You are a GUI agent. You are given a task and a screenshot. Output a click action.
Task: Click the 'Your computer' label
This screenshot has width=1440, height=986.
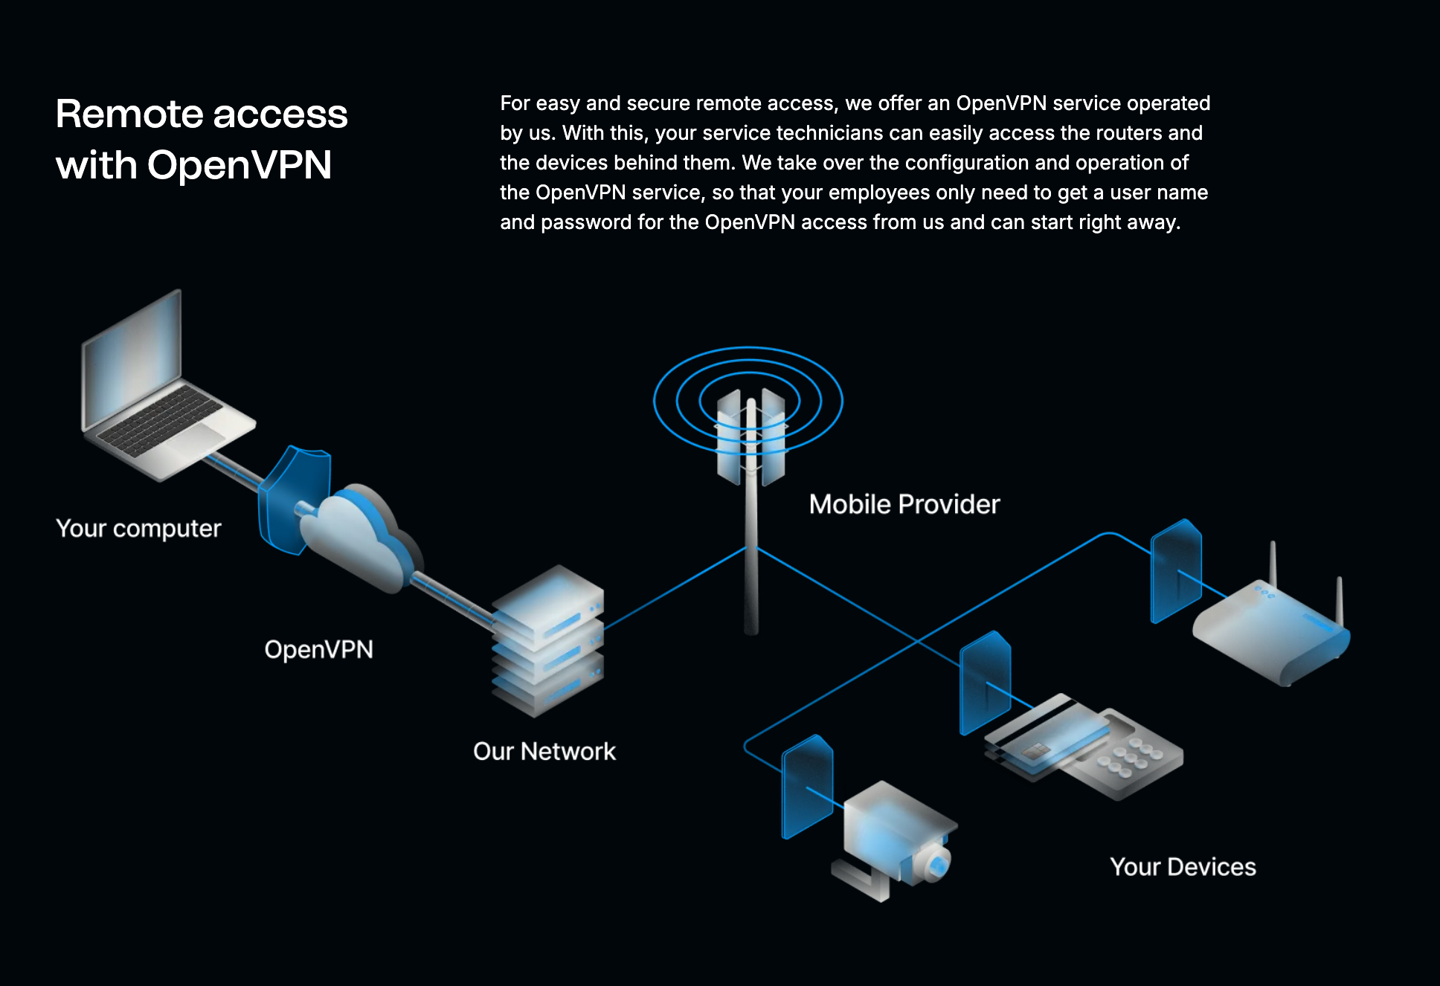[138, 529]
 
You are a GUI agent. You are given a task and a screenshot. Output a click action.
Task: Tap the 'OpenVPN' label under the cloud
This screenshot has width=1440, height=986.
[318, 650]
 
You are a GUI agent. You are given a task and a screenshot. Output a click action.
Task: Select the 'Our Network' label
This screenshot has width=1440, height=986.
[544, 752]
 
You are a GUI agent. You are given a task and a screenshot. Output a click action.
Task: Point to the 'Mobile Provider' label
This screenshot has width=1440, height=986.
[904, 504]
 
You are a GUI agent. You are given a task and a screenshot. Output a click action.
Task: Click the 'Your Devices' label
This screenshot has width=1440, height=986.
[1183, 867]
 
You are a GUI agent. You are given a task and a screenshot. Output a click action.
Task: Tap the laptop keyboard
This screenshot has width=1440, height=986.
[160, 419]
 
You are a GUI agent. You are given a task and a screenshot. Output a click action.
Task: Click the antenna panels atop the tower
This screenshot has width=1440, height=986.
[750, 439]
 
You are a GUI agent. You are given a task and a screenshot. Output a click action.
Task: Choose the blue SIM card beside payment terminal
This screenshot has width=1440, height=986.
[985, 683]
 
